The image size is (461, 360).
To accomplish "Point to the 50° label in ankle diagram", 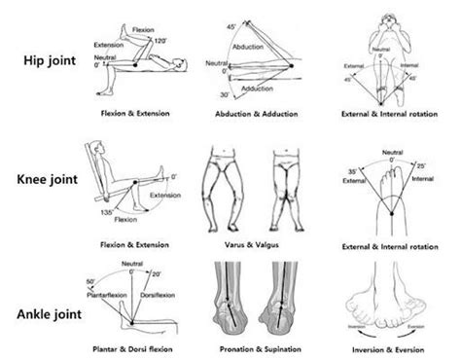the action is pyautogui.click(x=91, y=280).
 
